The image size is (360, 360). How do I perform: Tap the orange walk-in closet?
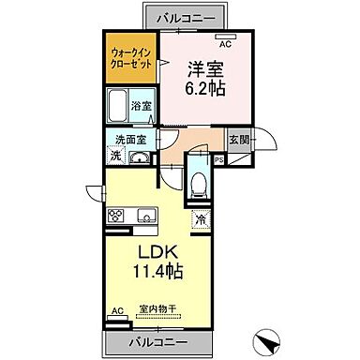130,61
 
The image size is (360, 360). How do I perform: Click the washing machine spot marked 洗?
115,157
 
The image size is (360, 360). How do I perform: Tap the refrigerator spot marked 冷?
201,219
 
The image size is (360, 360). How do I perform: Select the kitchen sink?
146,217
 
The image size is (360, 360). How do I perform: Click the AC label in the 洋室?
226,42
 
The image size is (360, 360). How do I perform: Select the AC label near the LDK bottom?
117,309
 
